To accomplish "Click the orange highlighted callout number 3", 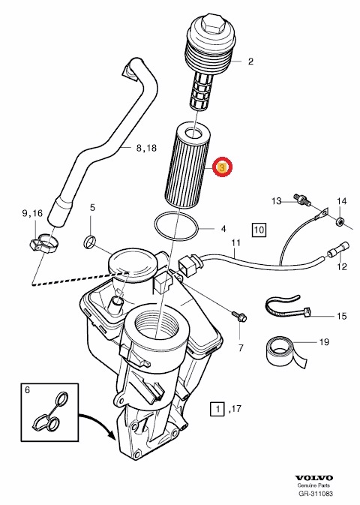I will [223, 169].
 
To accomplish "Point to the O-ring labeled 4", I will [177, 224].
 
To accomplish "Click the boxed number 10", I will [259, 229].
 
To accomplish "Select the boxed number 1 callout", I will [217, 409].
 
